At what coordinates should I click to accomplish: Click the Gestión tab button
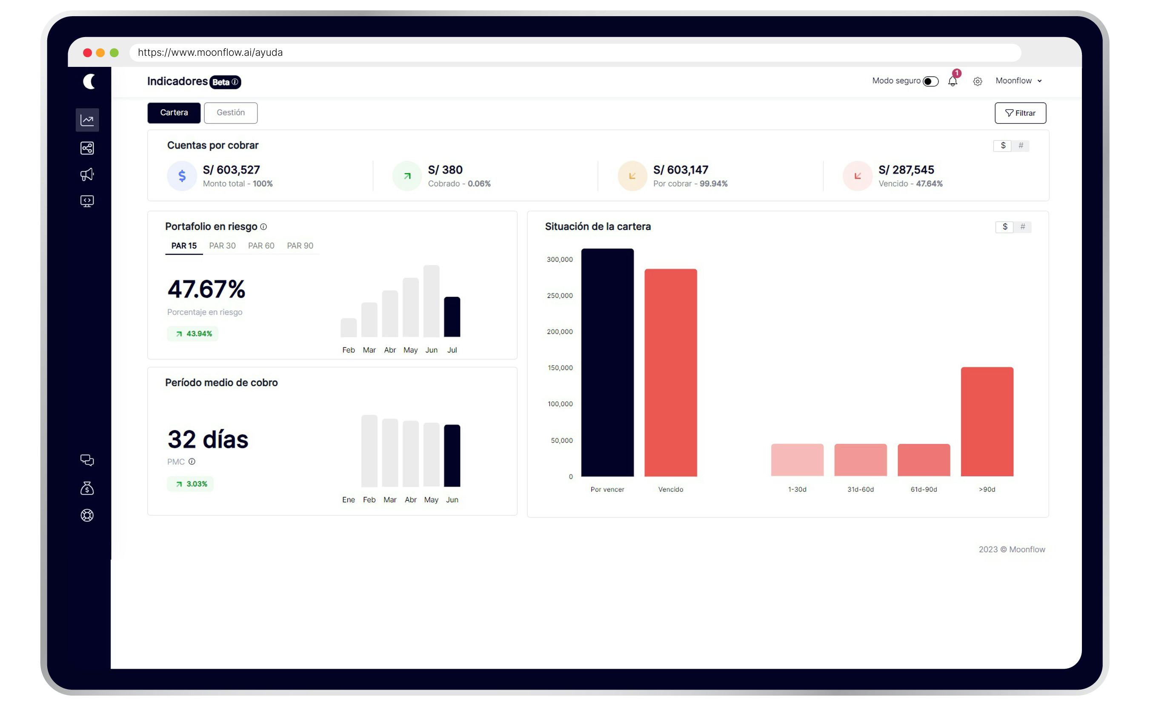coord(230,113)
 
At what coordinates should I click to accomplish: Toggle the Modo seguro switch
coord(930,81)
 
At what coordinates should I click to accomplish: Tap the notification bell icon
coord(952,81)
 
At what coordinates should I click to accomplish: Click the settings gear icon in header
coord(977,81)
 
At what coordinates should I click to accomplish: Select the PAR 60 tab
coord(261,246)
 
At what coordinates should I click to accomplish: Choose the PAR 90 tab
coord(300,246)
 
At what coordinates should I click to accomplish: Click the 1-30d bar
coord(797,460)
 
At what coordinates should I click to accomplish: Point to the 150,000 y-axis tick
coord(560,368)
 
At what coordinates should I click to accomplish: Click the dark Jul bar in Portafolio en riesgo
coord(452,317)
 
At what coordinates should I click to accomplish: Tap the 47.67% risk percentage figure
coord(206,289)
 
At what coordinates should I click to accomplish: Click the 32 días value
coord(208,440)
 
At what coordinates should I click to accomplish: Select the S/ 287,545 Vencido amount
coord(906,170)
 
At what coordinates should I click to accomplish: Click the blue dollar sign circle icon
coord(182,175)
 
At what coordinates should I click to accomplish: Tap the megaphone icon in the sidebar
coord(87,175)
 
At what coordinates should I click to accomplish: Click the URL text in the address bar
coord(210,52)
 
